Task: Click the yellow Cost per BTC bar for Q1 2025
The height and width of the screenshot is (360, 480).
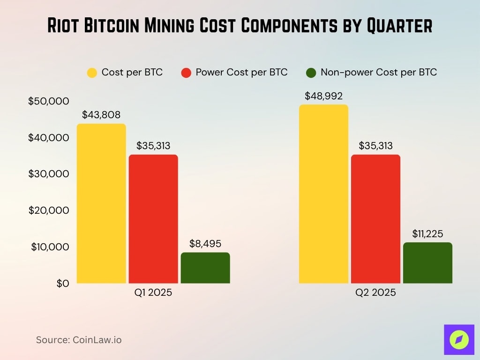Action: pyautogui.click(x=101, y=203)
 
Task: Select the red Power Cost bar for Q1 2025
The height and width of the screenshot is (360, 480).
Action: pyautogui.click(x=153, y=219)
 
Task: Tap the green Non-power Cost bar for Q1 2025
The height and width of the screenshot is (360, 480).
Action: pyautogui.click(x=205, y=268)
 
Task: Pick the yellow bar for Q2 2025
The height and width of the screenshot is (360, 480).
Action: pyautogui.click(x=323, y=194)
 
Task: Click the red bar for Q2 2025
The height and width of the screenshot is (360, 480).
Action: pyautogui.click(x=375, y=219)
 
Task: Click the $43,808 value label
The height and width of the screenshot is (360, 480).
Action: pyautogui.click(x=101, y=115)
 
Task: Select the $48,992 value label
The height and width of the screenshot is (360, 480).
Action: pyautogui.click(x=323, y=96)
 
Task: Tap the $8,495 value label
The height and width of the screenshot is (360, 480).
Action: pyautogui.click(x=205, y=244)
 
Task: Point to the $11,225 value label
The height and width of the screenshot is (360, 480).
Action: pyautogui.click(x=427, y=233)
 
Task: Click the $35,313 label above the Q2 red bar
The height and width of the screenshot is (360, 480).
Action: pyautogui.click(x=375, y=146)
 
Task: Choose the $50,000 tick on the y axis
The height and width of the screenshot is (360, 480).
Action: pyautogui.click(x=48, y=101)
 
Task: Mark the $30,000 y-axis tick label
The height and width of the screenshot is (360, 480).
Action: pyautogui.click(x=48, y=174)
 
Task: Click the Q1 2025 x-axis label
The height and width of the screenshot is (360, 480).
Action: pyautogui.click(x=153, y=293)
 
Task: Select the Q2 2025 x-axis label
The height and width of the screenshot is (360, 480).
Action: pyautogui.click(x=375, y=293)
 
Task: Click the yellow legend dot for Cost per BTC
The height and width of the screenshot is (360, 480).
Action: pyautogui.click(x=92, y=73)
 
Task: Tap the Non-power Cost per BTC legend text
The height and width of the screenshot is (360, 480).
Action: pyautogui.click(x=378, y=73)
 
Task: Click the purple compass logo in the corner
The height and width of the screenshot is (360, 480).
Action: pyautogui.click(x=459, y=339)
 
